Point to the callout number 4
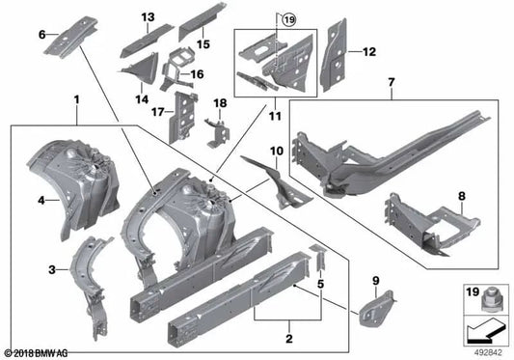[41, 201]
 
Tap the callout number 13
[148, 17]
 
